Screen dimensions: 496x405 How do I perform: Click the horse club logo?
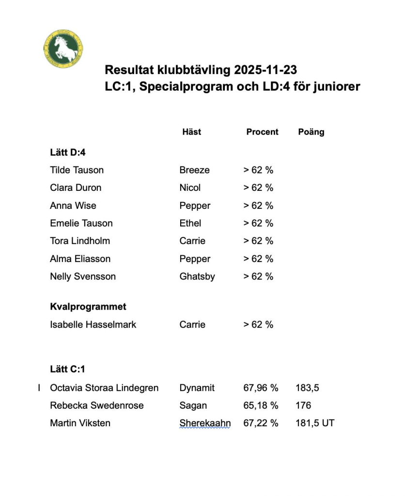[63, 49]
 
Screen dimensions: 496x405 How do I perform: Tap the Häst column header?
[191, 132]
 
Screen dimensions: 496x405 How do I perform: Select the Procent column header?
[262, 132]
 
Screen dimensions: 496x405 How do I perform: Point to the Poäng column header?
[311, 132]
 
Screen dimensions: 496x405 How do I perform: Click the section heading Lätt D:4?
[67, 152]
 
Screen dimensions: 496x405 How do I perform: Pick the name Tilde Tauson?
[77, 170]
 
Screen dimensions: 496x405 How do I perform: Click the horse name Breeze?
[194, 170]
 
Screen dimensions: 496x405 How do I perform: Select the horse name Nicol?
[190, 187]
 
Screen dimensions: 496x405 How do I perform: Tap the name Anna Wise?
[73, 205]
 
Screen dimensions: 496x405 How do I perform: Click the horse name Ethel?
[190, 223]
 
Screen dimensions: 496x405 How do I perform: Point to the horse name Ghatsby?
[197, 277]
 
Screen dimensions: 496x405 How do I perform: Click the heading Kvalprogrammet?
[88, 307]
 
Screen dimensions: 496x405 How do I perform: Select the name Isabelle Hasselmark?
[93, 325]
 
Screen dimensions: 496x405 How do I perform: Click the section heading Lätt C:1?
[67, 370]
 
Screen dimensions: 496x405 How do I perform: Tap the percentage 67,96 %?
[261, 388]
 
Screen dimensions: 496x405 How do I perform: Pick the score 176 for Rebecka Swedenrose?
[303, 405]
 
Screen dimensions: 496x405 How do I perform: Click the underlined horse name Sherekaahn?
[205, 423]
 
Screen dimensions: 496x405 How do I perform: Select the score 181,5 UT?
[315, 423]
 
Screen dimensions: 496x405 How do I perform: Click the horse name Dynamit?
[197, 388]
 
